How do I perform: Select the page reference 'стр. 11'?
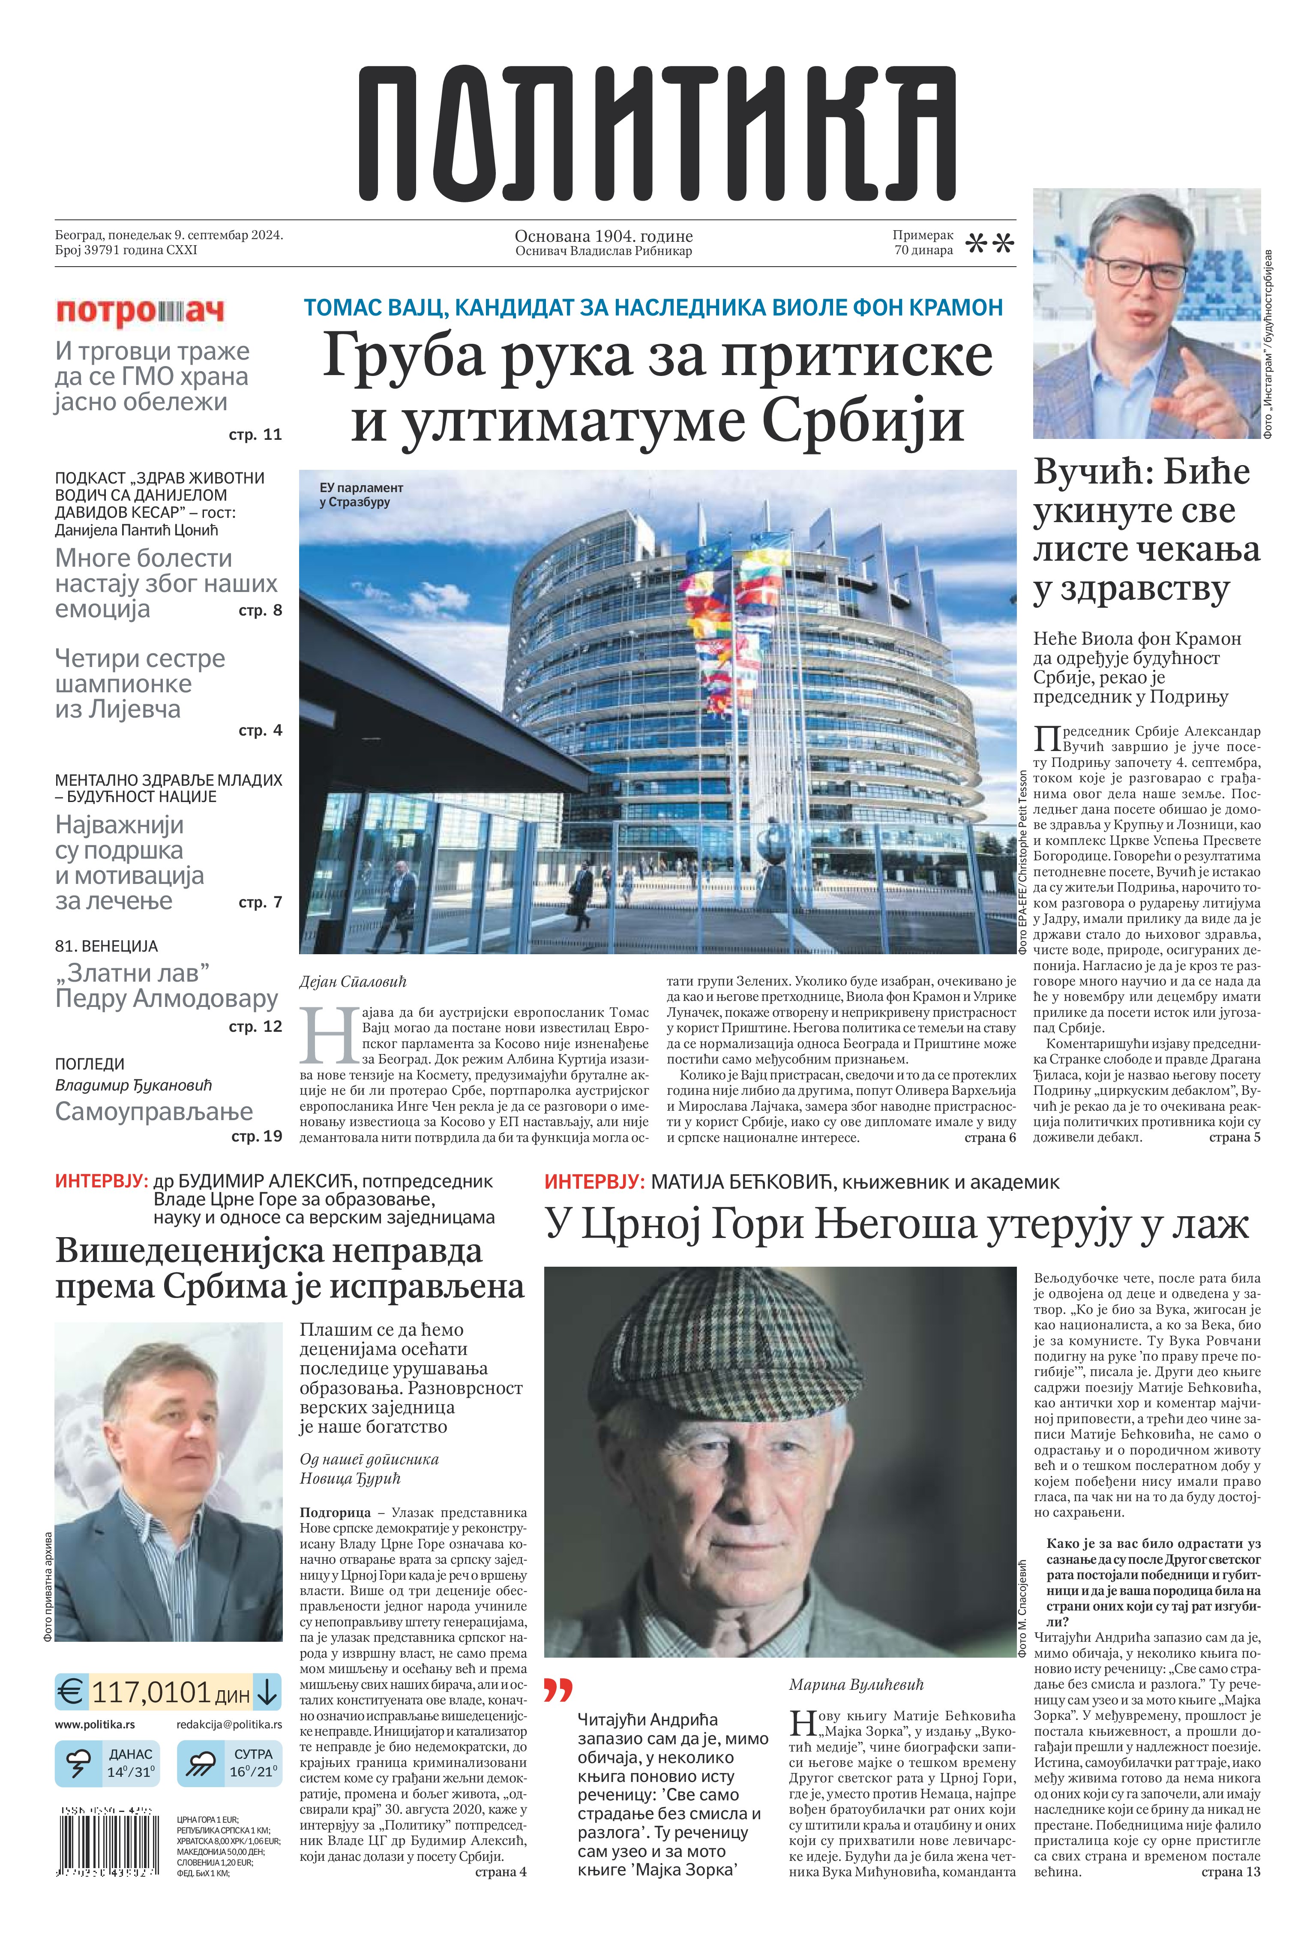click(x=255, y=434)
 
